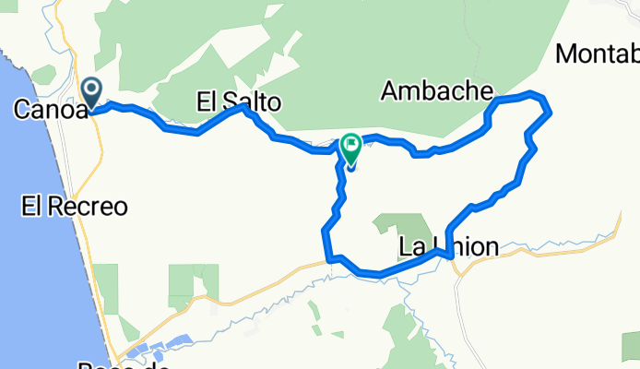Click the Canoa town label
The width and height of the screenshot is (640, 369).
(48, 110)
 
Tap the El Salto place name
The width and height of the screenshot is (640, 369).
(238, 101)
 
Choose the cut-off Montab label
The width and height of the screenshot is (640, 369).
(598, 54)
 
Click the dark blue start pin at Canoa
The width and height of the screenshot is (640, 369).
(93, 91)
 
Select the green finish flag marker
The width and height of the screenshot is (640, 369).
(351, 146)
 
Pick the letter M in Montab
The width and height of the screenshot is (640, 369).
(567, 54)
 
